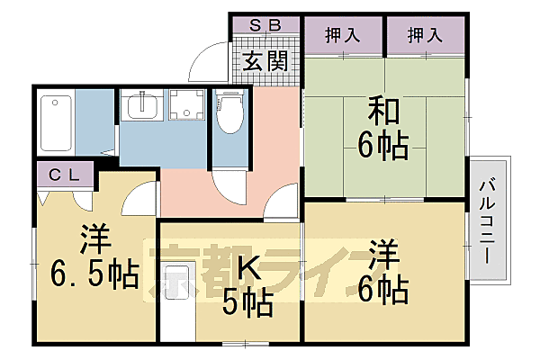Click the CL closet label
(x=63, y=175)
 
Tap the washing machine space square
(x=187, y=109)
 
